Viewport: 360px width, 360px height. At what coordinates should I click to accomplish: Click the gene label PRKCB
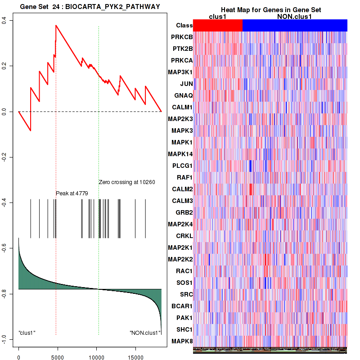point(182,37)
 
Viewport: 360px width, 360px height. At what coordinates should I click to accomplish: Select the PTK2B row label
point(182,49)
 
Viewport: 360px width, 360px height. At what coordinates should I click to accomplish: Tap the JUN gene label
point(186,84)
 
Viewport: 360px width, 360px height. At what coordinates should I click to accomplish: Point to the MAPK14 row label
point(180,154)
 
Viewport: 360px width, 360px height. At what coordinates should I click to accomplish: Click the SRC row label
point(186,294)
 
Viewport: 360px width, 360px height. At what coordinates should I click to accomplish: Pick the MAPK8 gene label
point(182,341)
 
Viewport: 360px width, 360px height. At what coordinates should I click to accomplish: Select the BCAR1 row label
point(182,306)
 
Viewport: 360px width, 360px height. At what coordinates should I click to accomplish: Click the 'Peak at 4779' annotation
point(72,193)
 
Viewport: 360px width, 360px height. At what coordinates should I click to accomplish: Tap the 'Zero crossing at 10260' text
point(127,182)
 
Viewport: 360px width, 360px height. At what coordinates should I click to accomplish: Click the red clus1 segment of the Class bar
point(217,26)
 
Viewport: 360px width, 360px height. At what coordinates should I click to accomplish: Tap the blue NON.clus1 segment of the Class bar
point(295,26)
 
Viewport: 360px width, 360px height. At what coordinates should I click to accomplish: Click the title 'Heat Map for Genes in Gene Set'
point(271,10)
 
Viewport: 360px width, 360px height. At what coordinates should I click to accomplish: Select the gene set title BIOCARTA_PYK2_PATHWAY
point(90,6)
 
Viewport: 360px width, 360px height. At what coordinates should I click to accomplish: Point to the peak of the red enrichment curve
point(56,25)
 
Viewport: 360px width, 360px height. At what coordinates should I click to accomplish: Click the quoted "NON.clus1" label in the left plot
point(145,333)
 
